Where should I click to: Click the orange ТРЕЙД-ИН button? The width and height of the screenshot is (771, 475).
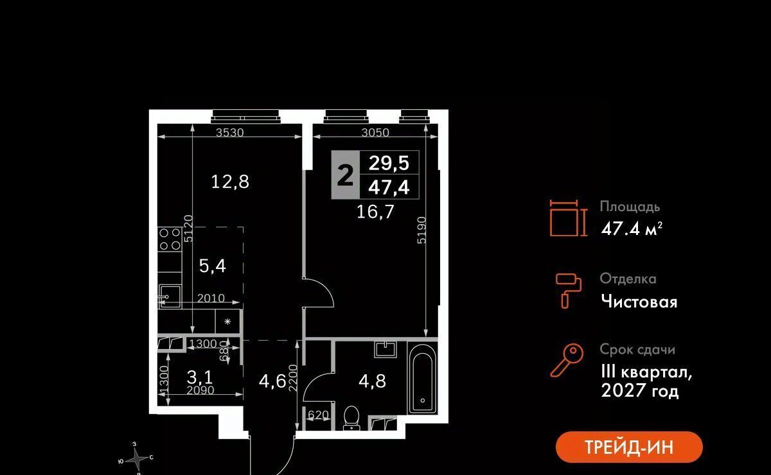[x=629, y=447]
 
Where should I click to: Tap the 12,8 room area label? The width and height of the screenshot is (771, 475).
[x=230, y=182]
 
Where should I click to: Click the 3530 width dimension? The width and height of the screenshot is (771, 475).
[x=229, y=133]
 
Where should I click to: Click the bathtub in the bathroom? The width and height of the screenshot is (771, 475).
[x=421, y=378]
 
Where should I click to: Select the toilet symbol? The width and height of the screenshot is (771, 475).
[x=351, y=417]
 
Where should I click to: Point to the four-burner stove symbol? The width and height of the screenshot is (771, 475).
[x=169, y=239]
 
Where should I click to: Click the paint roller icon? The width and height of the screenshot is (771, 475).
[x=569, y=289]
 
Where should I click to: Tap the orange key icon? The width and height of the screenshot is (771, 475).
[x=567, y=361]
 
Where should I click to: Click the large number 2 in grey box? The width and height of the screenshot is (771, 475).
[x=345, y=174]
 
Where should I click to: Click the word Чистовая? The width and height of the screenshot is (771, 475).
[x=639, y=301]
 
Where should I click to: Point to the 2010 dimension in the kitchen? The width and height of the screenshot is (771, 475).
[x=211, y=298]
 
